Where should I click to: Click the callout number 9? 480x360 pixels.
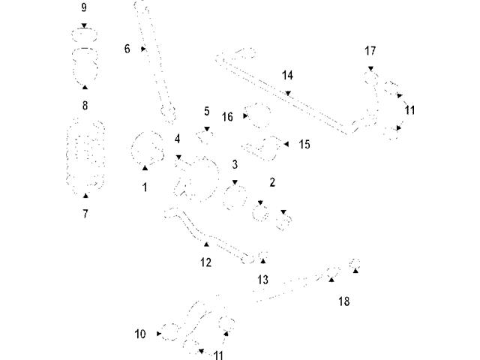coord(83,7)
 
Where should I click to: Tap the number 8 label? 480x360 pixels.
coord(85,106)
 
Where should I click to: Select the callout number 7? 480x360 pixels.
coord(85,214)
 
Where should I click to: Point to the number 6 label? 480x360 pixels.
coord(127,49)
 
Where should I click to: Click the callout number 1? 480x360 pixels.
coord(145,187)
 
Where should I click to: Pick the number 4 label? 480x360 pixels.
coord(178,139)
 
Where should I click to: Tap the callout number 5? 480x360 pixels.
coord(207,111)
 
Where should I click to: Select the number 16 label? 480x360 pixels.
coord(228,117)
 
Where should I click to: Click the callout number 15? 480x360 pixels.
coord(304,143)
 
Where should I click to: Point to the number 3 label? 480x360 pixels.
coord(235,163)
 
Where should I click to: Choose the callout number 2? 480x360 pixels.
coord(272,182)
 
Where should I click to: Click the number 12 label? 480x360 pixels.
coord(205,262)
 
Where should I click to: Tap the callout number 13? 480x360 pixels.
coord(262,279)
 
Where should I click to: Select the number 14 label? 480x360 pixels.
coord(287,76)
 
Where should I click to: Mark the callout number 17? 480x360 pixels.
coord(370,51)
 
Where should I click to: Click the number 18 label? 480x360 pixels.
coord(343,301)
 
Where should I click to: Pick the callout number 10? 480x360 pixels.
coord(140,334)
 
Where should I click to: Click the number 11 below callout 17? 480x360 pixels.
coord(409,110)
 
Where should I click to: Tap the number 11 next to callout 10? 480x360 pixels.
coord(218,355)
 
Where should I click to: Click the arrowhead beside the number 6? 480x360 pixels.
coord(142,49)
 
